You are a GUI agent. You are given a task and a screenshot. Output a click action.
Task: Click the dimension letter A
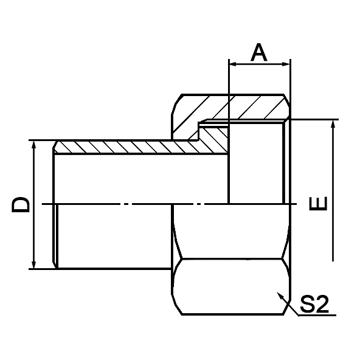(x=260, y=53)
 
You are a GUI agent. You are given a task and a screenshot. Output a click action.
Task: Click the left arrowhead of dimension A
(x=233, y=63)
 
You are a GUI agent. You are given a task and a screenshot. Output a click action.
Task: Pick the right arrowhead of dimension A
(x=286, y=63)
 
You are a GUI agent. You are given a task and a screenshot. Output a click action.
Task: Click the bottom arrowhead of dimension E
(x=332, y=257)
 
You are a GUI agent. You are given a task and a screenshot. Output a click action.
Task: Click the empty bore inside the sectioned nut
(x=255, y=164)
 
